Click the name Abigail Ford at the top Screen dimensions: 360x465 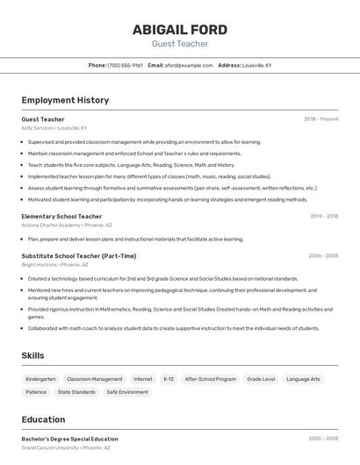click(179, 29)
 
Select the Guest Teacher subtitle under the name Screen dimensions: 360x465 click(179, 44)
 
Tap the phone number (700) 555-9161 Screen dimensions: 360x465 click(125, 65)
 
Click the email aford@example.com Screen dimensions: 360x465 click(189, 65)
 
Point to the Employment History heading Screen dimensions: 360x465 click(65, 100)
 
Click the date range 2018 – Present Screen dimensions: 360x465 click(320, 118)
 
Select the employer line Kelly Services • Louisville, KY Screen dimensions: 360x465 click(54, 128)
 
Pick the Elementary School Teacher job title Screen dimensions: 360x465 click(61, 216)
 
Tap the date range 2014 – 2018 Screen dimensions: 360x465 click(323, 216)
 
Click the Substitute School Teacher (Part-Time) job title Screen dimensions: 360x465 click(79, 256)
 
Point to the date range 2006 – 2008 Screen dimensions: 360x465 click(323, 256)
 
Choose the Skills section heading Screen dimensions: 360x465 click(33, 355)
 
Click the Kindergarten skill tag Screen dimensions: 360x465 click(40, 379)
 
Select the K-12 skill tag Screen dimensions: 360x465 click(169, 379)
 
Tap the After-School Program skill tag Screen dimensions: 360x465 click(211, 379)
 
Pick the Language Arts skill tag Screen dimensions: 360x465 click(304, 379)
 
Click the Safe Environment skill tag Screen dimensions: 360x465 click(127, 392)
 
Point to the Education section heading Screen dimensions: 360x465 click(44, 419)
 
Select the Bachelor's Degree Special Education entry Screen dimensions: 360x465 click(69, 439)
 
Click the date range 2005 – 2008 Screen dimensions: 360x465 click(323, 439)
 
